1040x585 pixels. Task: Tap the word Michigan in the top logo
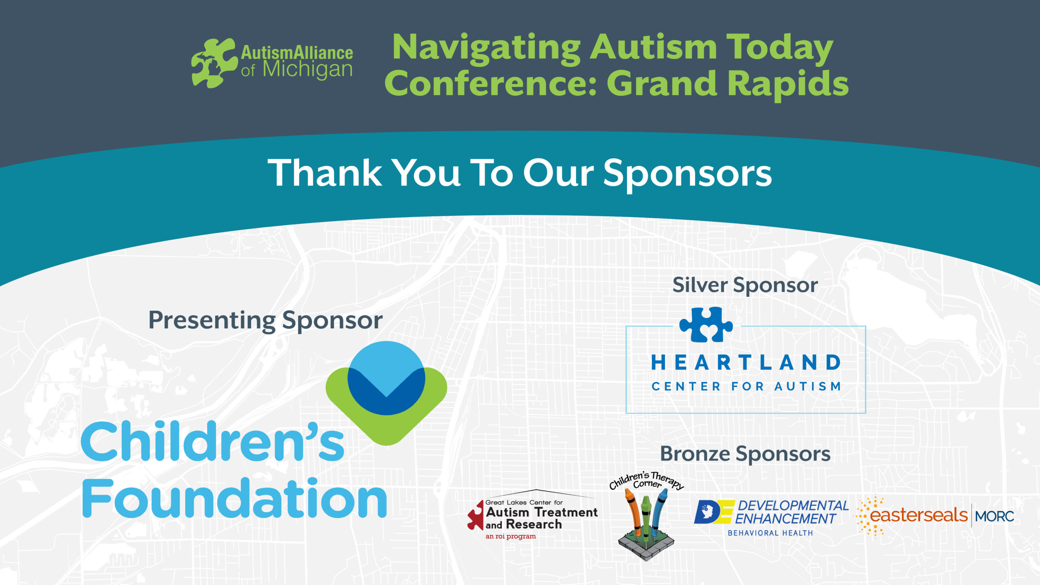click(308, 70)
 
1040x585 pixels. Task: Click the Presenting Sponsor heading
click(266, 321)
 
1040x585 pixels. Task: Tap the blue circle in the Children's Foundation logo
click(386, 378)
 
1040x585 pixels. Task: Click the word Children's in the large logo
click(212, 442)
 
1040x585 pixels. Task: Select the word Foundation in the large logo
click(234, 498)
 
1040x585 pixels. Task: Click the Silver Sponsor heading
click(745, 286)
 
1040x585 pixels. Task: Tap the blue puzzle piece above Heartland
click(706, 324)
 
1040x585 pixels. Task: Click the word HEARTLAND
click(746, 362)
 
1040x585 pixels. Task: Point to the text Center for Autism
click(746, 386)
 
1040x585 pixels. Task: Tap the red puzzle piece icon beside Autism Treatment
click(476, 516)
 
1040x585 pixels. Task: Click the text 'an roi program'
click(511, 536)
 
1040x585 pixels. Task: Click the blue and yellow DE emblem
click(714, 512)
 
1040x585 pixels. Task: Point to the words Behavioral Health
click(770, 533)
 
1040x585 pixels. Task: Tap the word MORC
click(994, 516)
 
